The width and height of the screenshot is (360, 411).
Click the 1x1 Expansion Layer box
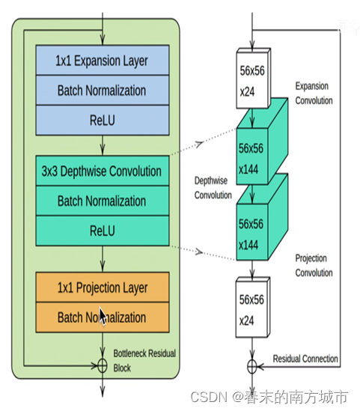click(103, 61)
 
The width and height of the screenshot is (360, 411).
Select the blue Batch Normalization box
click(103, 91)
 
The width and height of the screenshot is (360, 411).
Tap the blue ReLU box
click(103, 121)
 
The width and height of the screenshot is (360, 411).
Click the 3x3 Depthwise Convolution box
click(103, 171)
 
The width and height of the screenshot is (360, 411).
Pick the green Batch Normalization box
click(103, 201)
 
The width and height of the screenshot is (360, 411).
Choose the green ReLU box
click(103, 231)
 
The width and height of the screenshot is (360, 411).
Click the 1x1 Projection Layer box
click(103, 287)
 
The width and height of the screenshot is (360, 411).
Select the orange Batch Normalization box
click(103, 317)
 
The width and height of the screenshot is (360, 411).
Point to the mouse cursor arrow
click(103, 316)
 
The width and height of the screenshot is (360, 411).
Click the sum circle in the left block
click(103, 365)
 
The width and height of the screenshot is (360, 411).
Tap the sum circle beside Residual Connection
click(252, 366)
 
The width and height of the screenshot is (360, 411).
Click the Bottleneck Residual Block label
click(144, 361)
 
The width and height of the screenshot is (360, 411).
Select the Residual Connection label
click(305, 359)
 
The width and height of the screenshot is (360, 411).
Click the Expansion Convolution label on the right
click(314, 94)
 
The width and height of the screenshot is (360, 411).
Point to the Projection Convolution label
click(314, 266)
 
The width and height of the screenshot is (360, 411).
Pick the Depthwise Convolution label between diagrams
click(213, 188)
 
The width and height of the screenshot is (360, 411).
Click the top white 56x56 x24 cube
click(254, 78)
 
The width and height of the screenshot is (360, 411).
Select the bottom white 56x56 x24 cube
click(253, 307)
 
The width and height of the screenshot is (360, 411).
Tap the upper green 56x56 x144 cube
click(262, 141)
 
